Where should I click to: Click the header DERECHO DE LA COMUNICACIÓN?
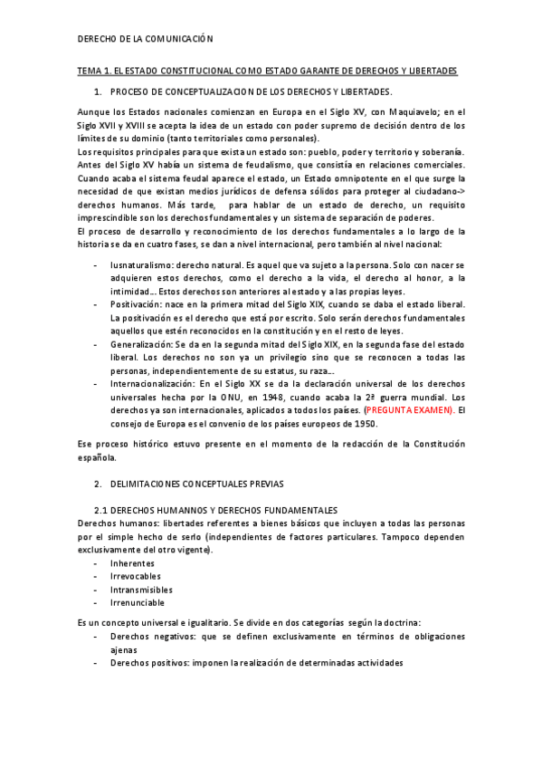pos(145,40)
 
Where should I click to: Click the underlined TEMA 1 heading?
pos(267,71)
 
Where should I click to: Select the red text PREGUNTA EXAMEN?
pos(411,409)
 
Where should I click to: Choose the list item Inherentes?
pos(132,563)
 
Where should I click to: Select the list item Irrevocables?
pos(136,576)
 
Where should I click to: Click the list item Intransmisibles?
pos(140,589)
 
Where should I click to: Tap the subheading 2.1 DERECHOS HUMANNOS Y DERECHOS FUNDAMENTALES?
pos(216,511)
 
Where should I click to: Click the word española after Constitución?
pos(97,457)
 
